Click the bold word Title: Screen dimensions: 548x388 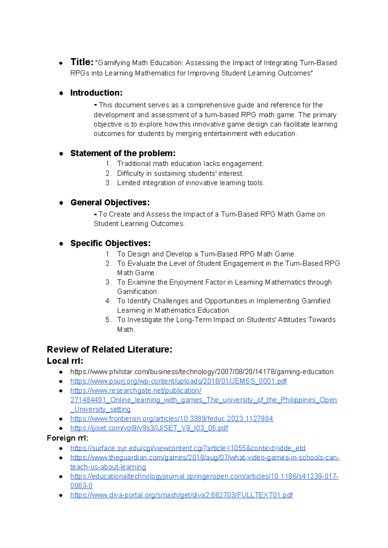click(x=82, y=62)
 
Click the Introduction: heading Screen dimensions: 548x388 click(x=96, y=93)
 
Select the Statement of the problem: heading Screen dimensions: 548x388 click(x=123, y=153)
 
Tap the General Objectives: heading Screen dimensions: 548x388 click(x=110, y=203)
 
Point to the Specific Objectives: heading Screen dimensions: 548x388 click(x=110, y=243)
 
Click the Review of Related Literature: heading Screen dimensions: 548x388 click(x=109, y=349)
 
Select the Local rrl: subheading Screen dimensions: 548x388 click(x=65, y=361)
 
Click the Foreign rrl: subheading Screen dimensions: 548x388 click(x=67, y=438)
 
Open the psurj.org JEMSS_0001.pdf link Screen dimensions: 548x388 click(x=178, y=381)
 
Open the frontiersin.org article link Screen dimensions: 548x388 click(x=172, y=419)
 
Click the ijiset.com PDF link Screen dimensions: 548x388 click(x=149, y=428)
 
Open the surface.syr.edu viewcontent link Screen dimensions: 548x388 click(x=188, y=448)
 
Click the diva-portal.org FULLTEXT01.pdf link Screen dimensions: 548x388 click(x=181, y=495)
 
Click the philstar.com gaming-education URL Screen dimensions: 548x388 click(x=202, y=372)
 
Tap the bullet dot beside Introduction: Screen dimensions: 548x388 click(x=61, y=93)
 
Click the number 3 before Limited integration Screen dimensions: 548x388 click(x=108, y=183)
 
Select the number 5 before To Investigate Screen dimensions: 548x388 click(x=108, y=320)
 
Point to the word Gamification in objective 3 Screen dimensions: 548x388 click(x=137, y=291)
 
